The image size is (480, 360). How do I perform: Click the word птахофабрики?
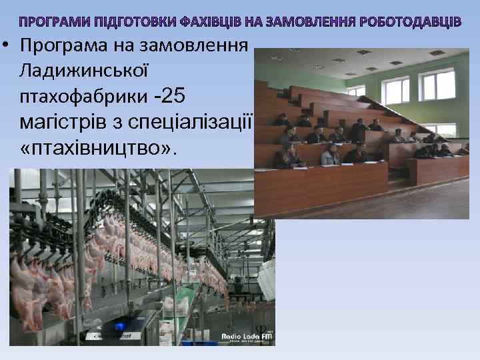pos(84,96)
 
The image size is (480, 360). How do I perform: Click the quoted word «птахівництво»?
pos(100,147)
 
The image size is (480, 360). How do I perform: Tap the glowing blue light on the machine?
pos(121,326)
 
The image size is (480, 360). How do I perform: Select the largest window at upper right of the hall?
pos(437,84)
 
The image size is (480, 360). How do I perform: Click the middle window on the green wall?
pos(395,90)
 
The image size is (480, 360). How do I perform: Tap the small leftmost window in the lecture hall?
pos(357,91)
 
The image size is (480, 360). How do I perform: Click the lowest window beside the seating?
pos(440,130)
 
